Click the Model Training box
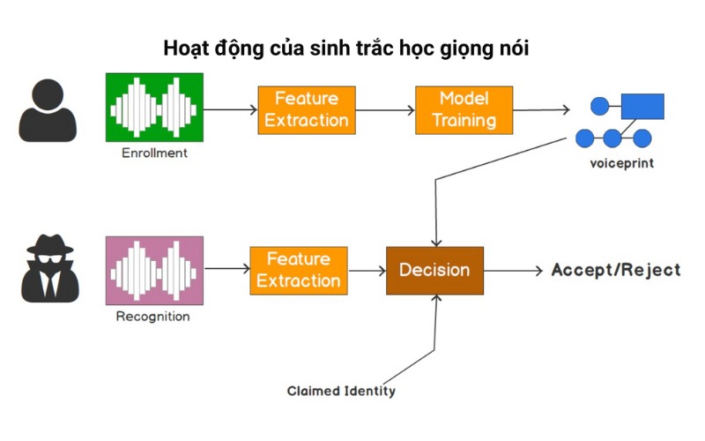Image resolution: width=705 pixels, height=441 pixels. (x=464, y=109)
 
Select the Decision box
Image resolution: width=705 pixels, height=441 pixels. (x=434, y=270)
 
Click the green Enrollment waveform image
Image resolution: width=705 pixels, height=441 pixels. (x=154, y=107)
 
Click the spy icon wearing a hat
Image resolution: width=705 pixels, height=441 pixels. (x=49, y=270)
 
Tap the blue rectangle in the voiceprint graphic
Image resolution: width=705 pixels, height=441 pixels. (x=642, y=107)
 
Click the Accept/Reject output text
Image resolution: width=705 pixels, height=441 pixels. (x=616, y=270)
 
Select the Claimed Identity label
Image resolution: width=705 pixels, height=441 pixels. (x=341, y=391)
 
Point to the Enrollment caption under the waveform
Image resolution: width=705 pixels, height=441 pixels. (x=154, y=153)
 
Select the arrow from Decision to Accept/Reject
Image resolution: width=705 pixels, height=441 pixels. (x=513, y=271)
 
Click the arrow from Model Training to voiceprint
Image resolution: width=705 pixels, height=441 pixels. (x=540, y=110)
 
